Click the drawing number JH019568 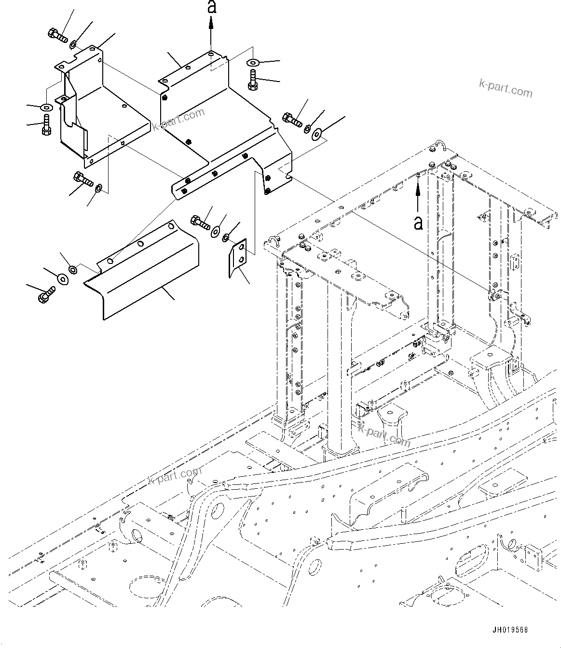[510, 630]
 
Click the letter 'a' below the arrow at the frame [419, 222]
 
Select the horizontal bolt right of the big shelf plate [292, 118]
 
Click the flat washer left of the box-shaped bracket [46, 107]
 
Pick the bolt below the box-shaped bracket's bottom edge [83, 180]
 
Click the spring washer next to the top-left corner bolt [73, 45]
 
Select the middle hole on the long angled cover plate [140, 244]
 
